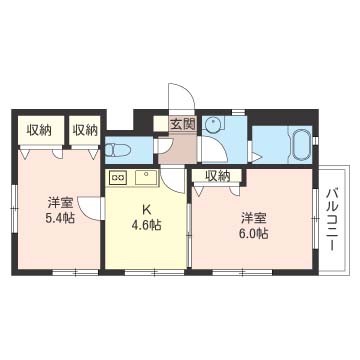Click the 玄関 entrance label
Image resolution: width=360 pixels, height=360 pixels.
coord(182,125)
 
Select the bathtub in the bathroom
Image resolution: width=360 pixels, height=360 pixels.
coord(302,144)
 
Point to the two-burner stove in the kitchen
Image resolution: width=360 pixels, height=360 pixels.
coord(118,178)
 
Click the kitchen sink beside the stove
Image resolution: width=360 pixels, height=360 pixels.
coord(146,177)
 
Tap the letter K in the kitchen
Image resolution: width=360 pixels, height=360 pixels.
coord(146,209)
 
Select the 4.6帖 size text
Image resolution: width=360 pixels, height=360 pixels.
coord(146,225)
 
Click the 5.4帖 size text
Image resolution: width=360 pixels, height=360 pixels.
coord(59,218)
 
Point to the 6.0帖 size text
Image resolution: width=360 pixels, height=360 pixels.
coord(254,234)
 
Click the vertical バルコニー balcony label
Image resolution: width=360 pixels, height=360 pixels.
coord(333,220)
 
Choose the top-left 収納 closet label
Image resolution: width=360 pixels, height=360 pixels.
coord(39,130)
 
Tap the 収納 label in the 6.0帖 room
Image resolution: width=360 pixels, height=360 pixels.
coord(217,176)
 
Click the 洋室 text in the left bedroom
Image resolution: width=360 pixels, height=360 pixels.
coord(59,203)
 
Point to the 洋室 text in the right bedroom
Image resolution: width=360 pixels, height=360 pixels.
coord(254,218)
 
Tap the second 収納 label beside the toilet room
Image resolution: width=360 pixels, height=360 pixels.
coord(85,130)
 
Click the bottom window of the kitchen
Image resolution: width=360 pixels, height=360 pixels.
coord(155,272)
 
